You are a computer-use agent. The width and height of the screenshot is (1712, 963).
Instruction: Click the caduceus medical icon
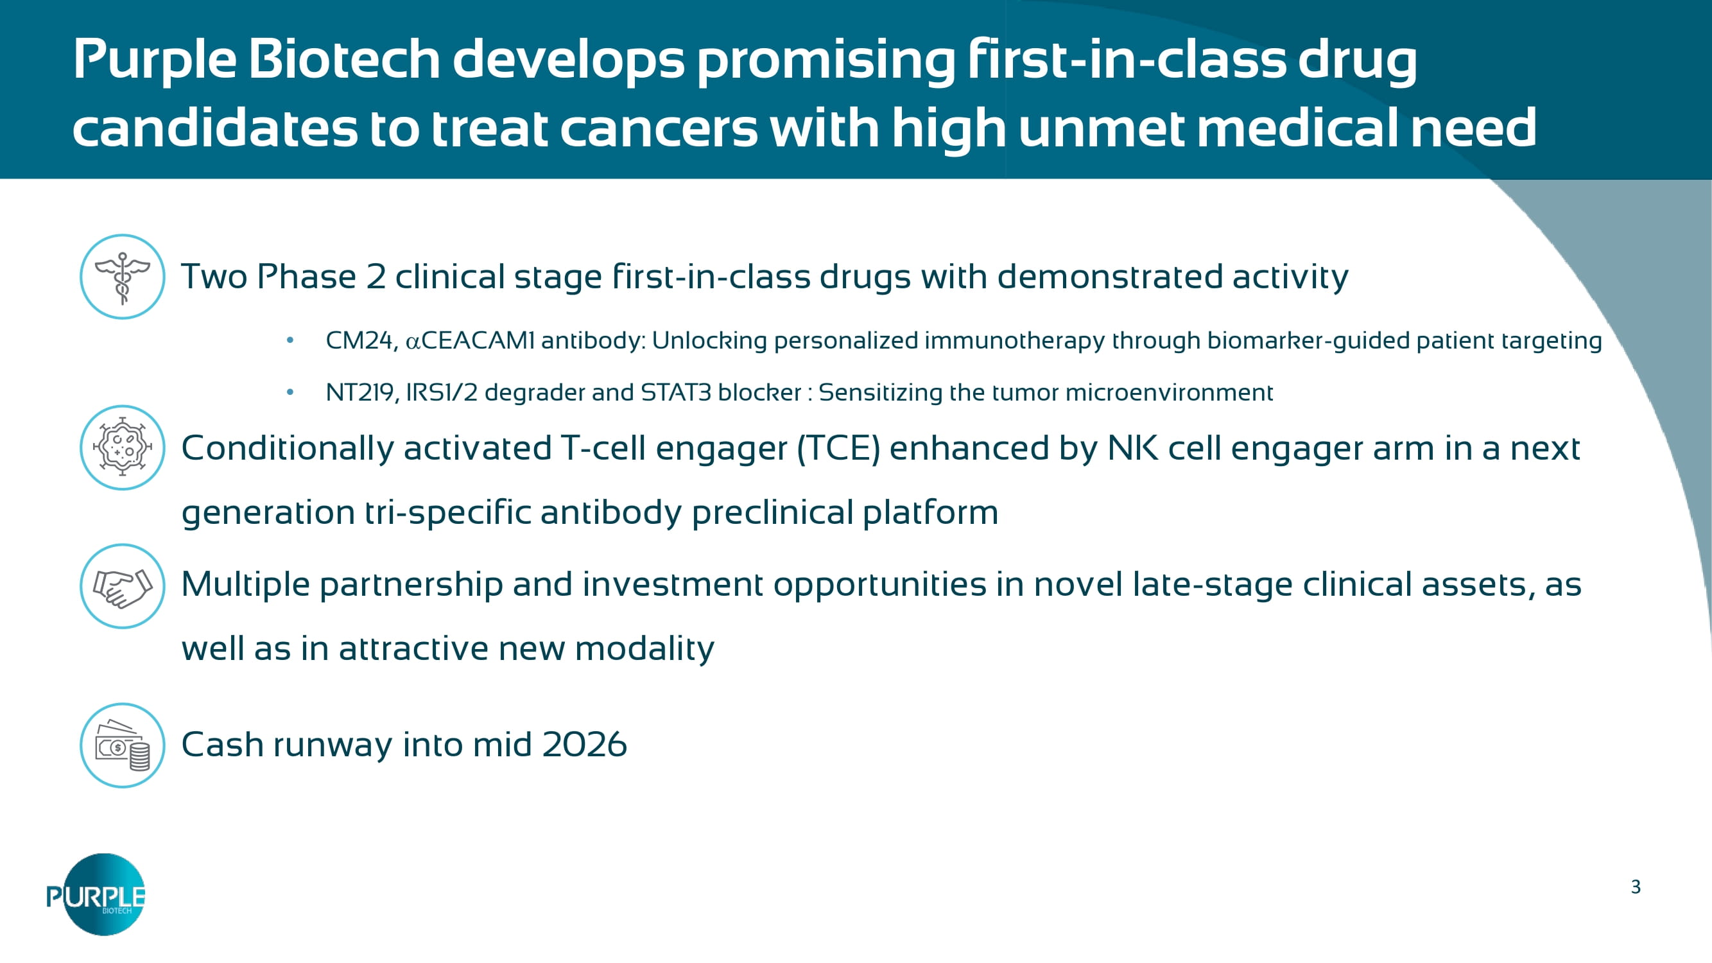(x=122, y=277)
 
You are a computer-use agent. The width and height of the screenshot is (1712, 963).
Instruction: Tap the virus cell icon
(x=122, y=447)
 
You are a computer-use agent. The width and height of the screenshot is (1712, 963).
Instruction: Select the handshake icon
(x=122, y=586)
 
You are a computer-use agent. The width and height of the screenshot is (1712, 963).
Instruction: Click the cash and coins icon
(x=122, y=745)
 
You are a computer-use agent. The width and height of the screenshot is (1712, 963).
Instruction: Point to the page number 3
(x=1636, y=887)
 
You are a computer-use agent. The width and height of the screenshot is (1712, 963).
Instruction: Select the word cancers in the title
(x=659, y=128)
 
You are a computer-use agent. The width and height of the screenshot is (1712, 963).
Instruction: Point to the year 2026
(x=584, y=744)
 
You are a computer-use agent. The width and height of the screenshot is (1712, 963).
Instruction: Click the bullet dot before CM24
(x=290, y=340)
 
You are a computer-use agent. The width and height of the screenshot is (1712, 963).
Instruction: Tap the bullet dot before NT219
(x=290, y=392)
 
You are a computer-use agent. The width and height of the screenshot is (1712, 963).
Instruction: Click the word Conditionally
(x=287, y=449)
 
